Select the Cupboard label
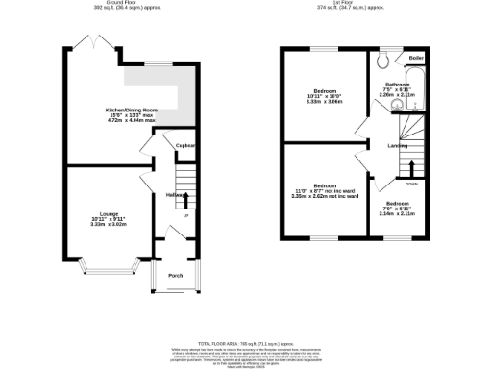(x=184, y=146)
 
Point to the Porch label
(x=176, y=276)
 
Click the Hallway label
(x=175, y=195)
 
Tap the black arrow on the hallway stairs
(x=185, y=199)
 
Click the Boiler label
(x=416, y=59)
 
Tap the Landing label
(x=397, y=146)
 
